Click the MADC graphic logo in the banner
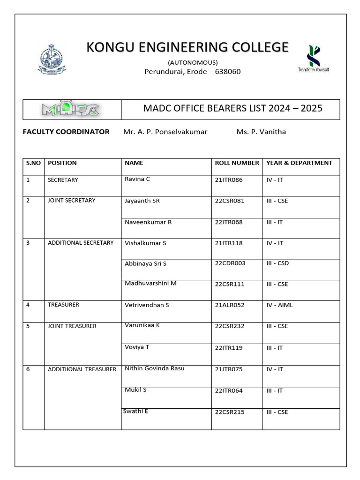(70, 110)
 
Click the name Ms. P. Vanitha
(261, 132)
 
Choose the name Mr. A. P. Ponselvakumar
(165, 132)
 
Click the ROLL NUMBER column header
(237, 163)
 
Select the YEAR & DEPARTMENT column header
(299, 163)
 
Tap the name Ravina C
(137, 179)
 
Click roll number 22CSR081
(230, 201)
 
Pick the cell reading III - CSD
(277, 263)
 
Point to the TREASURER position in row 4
(63, 305)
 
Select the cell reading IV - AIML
(279, 305)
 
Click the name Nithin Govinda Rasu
(154, 368)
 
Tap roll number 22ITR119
(229, 348)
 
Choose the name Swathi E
(135, 411)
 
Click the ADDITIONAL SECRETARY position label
(81, 243)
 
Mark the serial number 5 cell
(28, 326)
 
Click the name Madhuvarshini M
(150, 284)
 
